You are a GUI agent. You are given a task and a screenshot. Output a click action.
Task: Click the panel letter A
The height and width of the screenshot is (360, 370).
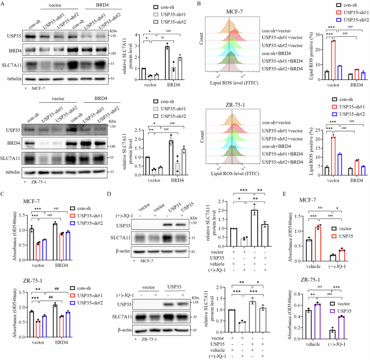(x=3, y=4)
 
